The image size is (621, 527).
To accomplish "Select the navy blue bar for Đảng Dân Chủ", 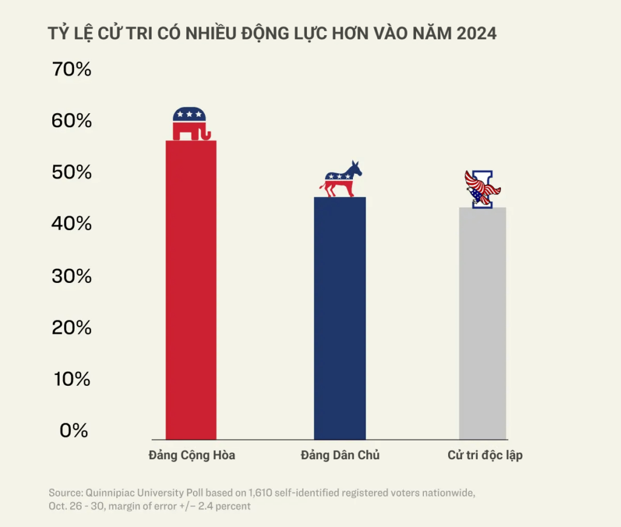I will [340, 318].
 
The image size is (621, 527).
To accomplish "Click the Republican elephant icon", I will [190, 124].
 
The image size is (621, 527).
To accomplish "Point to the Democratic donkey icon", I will [341, 180].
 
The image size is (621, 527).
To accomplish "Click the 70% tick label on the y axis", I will [72, 70].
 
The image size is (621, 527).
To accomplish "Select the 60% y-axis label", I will [72, 121].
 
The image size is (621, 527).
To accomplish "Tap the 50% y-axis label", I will [72, 173].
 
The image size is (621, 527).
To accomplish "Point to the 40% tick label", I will [72, 224].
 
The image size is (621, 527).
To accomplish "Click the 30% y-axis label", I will [72, 276].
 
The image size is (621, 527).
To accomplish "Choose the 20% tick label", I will [72, 328].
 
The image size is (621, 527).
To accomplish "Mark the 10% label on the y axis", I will [72, 379].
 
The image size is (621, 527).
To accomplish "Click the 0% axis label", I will [74, 431].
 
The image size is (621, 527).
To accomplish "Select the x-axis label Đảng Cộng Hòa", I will [192, 456].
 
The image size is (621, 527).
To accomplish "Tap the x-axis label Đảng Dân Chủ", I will [340, 456].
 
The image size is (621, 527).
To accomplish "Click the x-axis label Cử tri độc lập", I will [485, 456].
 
